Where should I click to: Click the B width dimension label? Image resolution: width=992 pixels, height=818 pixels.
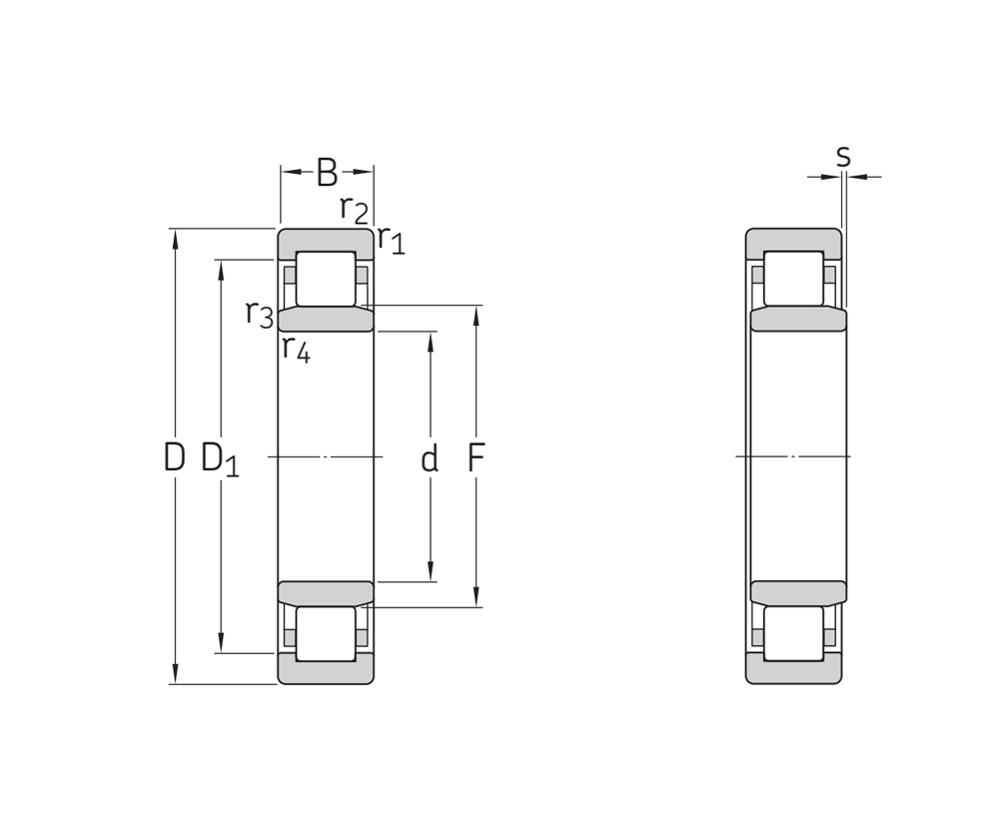(327, 172)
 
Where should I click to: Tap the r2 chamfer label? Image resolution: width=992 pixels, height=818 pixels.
(354, 210)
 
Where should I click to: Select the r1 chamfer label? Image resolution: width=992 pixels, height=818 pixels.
(391, 240)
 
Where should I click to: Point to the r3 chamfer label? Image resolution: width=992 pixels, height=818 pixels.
(260, 314)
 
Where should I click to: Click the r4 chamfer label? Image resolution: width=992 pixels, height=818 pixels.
(296, 349)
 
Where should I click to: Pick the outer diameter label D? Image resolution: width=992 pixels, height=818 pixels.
(174, 457)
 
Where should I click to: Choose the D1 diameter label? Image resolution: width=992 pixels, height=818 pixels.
(220, 459)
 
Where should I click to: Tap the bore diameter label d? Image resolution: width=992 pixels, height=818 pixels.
(430, 457)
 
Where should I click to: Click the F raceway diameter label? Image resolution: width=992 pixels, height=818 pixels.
(476, 457)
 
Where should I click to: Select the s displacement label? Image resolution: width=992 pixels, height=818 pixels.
(843, 156)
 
